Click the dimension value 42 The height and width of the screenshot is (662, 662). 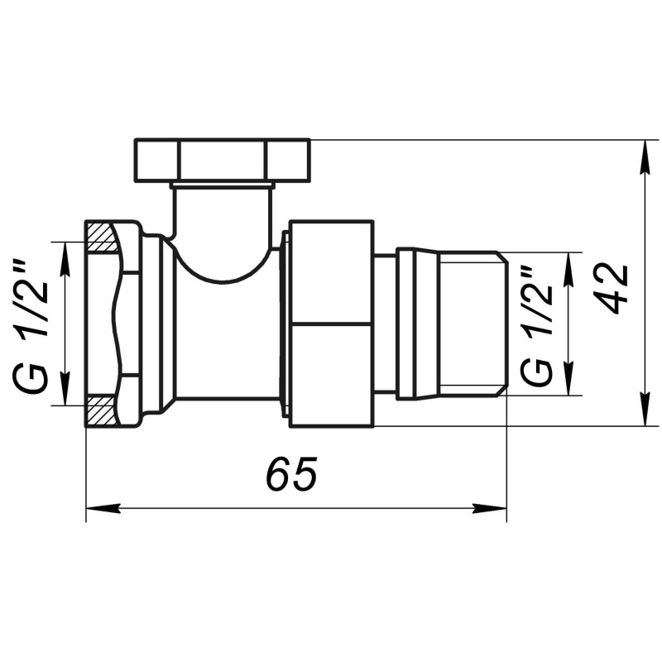(613, 289)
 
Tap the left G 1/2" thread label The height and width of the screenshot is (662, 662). (31, 324)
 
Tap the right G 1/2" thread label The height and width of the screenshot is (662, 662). (537, 325)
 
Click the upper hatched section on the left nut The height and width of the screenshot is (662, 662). (102, 238)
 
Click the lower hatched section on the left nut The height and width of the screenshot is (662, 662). (102, 409)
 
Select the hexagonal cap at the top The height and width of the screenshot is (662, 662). (222, 161)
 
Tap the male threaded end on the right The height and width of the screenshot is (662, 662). (470, 324)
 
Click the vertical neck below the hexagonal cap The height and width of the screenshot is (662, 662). (223, 215)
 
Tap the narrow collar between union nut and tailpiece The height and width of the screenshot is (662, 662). (385, 324)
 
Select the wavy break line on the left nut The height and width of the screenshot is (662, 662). (124, 324)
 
